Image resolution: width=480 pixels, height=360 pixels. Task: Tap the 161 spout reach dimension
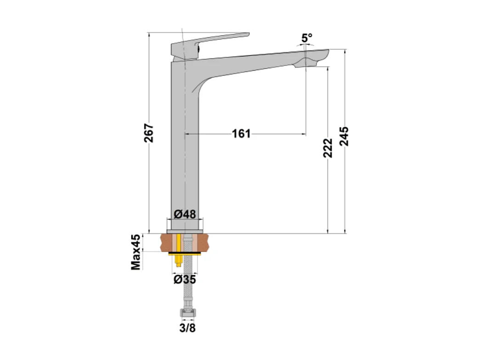click(x=241, y=134)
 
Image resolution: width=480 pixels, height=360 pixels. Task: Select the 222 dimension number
click(x=328, y=148)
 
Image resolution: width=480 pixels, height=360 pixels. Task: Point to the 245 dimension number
click(x=344, y=137)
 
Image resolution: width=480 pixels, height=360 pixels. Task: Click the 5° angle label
click(x=307, y=38)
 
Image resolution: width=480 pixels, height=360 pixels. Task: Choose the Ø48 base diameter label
click(x=185, y=214)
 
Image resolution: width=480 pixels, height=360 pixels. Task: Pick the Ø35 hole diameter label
click(x=185, y=279)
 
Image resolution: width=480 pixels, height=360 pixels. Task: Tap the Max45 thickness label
click(x=136, y=252)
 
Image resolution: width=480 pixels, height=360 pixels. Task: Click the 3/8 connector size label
click(x=187, y=329)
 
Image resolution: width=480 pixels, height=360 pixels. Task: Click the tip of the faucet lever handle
click(x=247, y=34)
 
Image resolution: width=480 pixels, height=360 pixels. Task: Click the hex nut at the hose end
click(x=187, y=314)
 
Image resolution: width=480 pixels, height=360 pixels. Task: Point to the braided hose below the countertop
click(x=187, y=285)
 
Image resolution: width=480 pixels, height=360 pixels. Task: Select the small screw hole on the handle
click(x=198, y=45)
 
